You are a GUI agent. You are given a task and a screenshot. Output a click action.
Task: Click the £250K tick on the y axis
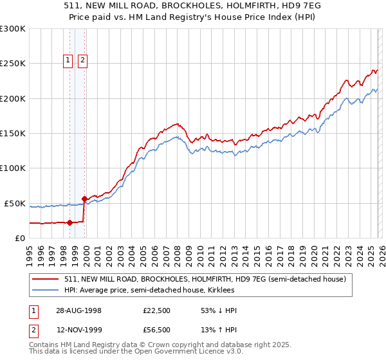tap(13, 64)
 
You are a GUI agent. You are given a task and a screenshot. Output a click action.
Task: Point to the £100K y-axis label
tap(13, 168)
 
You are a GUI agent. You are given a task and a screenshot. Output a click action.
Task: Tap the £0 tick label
tap(20, 238)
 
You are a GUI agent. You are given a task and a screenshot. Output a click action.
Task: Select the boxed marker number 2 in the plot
tap(83, 60)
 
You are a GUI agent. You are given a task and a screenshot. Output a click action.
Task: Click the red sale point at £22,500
tap(70, 222)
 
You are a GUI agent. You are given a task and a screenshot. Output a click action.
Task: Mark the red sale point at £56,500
tap(84, 199)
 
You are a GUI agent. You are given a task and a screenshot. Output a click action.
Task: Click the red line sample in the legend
tap(46, 279)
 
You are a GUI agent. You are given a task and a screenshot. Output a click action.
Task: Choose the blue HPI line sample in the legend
tap(46, 291)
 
